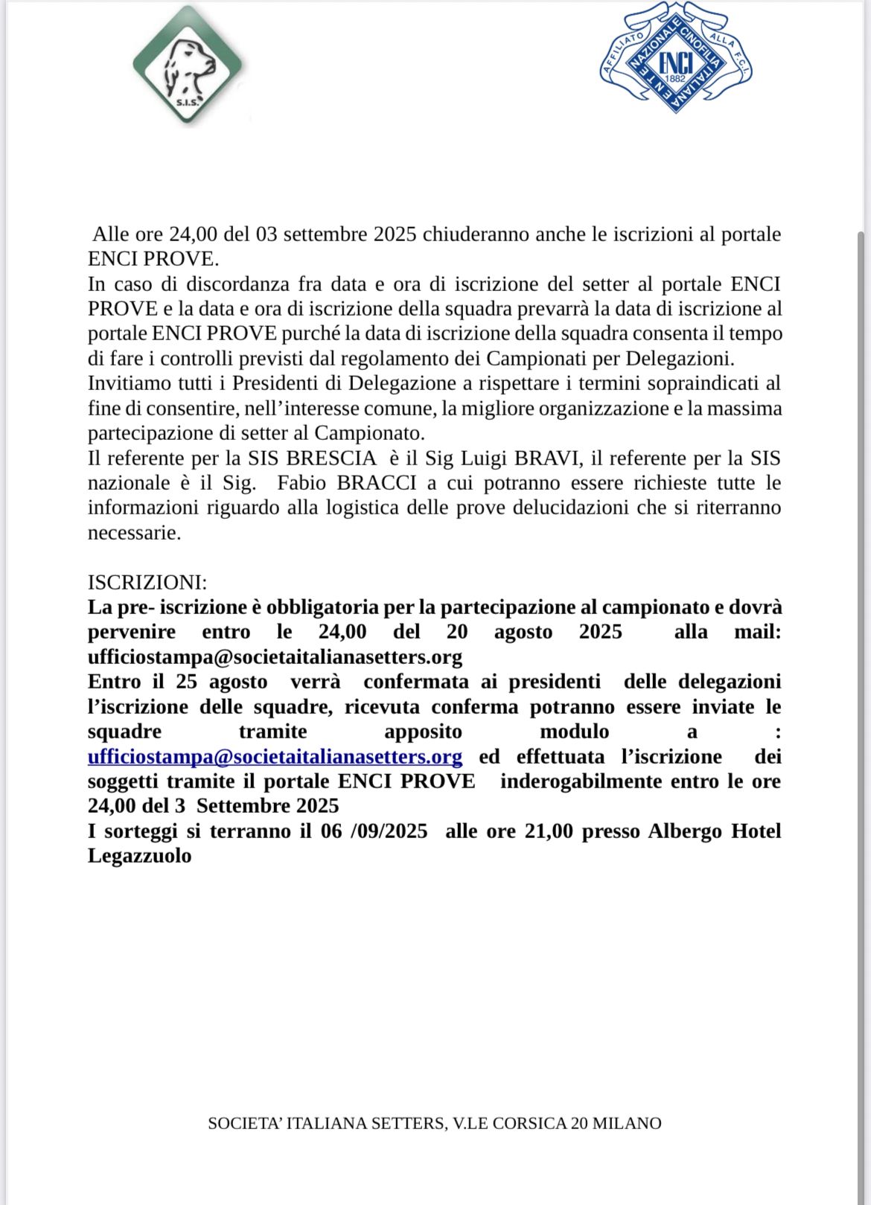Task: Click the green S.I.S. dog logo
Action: click(x=188, y=65)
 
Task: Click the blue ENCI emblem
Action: click(x=675, y=57)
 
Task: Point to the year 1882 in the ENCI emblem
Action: click(x=674, y=78)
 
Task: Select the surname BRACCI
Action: click(x=376, y=483)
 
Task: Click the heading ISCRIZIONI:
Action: click(x=147, y=582)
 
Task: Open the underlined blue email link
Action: click(x=275, y=757)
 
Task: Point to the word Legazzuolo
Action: click(x=139, y=856)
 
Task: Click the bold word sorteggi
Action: click(x=141, y=831)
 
